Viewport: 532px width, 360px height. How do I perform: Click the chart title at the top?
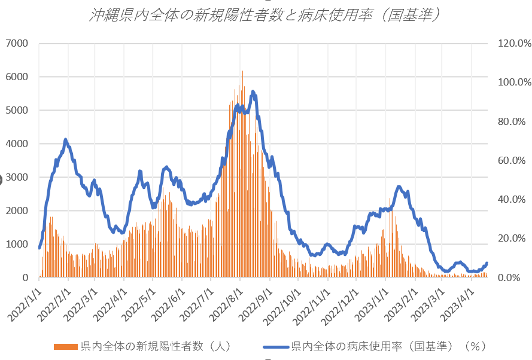pos(265,15)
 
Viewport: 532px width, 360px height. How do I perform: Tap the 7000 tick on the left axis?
pos(18,43)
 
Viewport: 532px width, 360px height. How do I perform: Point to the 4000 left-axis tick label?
pos(18,144)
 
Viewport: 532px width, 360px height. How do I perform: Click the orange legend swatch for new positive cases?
pos(66,346)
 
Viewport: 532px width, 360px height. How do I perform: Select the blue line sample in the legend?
pos(276,346)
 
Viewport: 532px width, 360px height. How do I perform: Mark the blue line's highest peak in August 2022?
pos(253,91)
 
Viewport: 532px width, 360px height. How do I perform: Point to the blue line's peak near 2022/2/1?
pos(65,139)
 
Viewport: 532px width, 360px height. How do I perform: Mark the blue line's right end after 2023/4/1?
pos(487,263)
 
